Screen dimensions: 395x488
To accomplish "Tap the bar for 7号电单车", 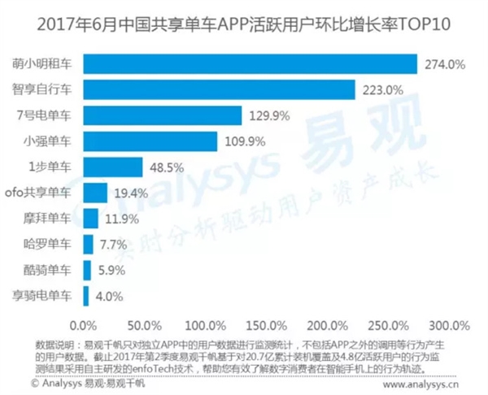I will click(163, 115).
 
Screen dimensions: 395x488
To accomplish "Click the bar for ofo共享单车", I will click(95, 193).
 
